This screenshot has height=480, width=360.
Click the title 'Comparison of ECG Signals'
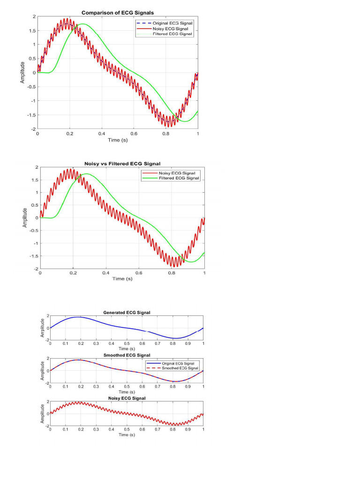(x=118, y=13)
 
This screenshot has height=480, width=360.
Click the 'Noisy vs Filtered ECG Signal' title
(x=122, y=164)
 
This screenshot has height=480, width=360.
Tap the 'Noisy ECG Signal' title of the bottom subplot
(x=127, y=398)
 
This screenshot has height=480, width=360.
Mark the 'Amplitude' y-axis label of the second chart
(x=25, y=218)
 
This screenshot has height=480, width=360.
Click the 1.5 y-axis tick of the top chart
(x=31, y=30)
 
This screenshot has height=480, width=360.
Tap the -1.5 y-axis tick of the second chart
(x=34, y=256)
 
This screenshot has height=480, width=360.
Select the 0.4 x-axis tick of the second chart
(x=106, y=273)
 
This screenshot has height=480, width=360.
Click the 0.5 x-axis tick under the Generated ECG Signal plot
(x=127, y=344)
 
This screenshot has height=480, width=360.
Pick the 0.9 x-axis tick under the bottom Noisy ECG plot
(x=188, y=429)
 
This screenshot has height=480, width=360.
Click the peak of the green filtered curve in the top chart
(x=83, y=24)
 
